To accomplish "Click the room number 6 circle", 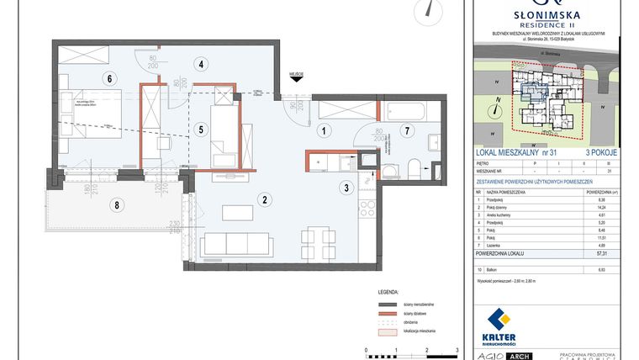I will (x=108, y=79).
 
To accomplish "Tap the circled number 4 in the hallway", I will (x=201, y=63).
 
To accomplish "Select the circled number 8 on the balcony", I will (x=117, y=204).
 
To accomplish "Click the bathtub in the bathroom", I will (x=407, y=109).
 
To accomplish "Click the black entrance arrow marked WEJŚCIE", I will (x=296, y=82).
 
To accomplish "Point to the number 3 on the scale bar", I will (x=457, y=348).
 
